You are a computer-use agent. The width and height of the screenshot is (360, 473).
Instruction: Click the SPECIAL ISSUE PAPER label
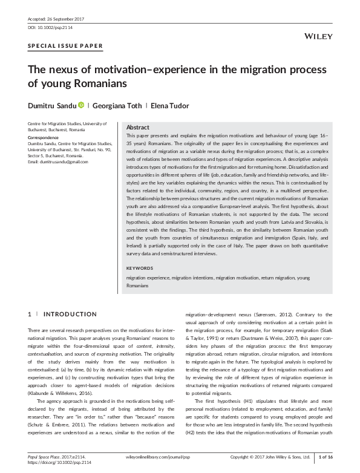click(x=65, y=46)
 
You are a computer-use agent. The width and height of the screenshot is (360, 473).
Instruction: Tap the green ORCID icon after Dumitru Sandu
click(x=81, y=106)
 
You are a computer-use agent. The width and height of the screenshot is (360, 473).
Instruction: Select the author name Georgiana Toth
click(x=117, y=106)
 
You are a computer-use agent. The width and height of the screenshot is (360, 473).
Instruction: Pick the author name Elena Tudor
click(x=170, y=106)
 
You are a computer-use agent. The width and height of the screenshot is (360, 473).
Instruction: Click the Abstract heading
click(x=138, y=128)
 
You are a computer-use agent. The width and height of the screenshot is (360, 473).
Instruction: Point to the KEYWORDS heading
click(x=140, y=267)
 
